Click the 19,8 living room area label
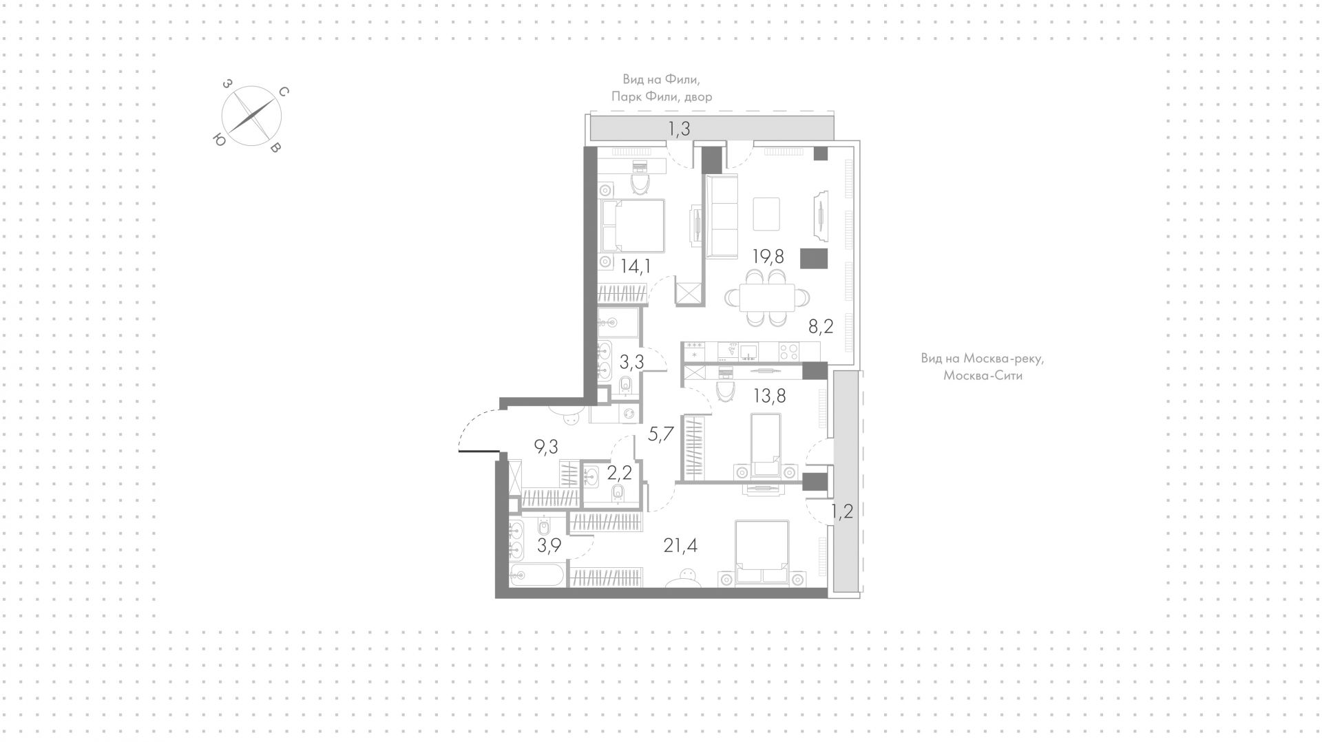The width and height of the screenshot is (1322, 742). click(768, 257)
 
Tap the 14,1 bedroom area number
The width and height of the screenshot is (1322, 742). click(154, 266)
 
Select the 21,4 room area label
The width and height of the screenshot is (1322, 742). click(681, 547)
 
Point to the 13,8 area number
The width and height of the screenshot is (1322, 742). click(770, 396)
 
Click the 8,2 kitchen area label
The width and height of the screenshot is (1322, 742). click(821, 326)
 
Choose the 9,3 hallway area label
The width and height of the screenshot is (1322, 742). click(546, 447)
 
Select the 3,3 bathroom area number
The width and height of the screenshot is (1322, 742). click(631, 362)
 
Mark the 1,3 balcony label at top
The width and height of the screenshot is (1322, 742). click(679, 128)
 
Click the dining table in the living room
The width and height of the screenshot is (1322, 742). click(767, 298)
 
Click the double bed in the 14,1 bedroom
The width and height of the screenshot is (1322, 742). click(633, 226)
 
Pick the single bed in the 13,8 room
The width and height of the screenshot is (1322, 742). click(766, 444)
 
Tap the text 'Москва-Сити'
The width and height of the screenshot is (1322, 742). click(983, 376)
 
